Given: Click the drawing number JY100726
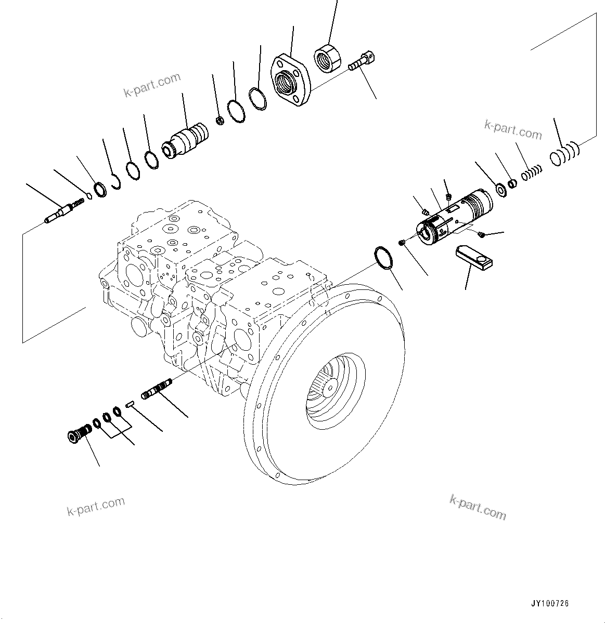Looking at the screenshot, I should (550, 603).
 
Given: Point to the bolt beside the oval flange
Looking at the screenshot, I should (363, 61).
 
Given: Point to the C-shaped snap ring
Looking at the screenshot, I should (115, 183).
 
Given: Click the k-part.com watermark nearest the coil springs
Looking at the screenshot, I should (512, 129).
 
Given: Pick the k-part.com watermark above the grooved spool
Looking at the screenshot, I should (152, 84).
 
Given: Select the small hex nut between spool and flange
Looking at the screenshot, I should (220, 121).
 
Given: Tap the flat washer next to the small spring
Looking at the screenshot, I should (501, 190).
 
